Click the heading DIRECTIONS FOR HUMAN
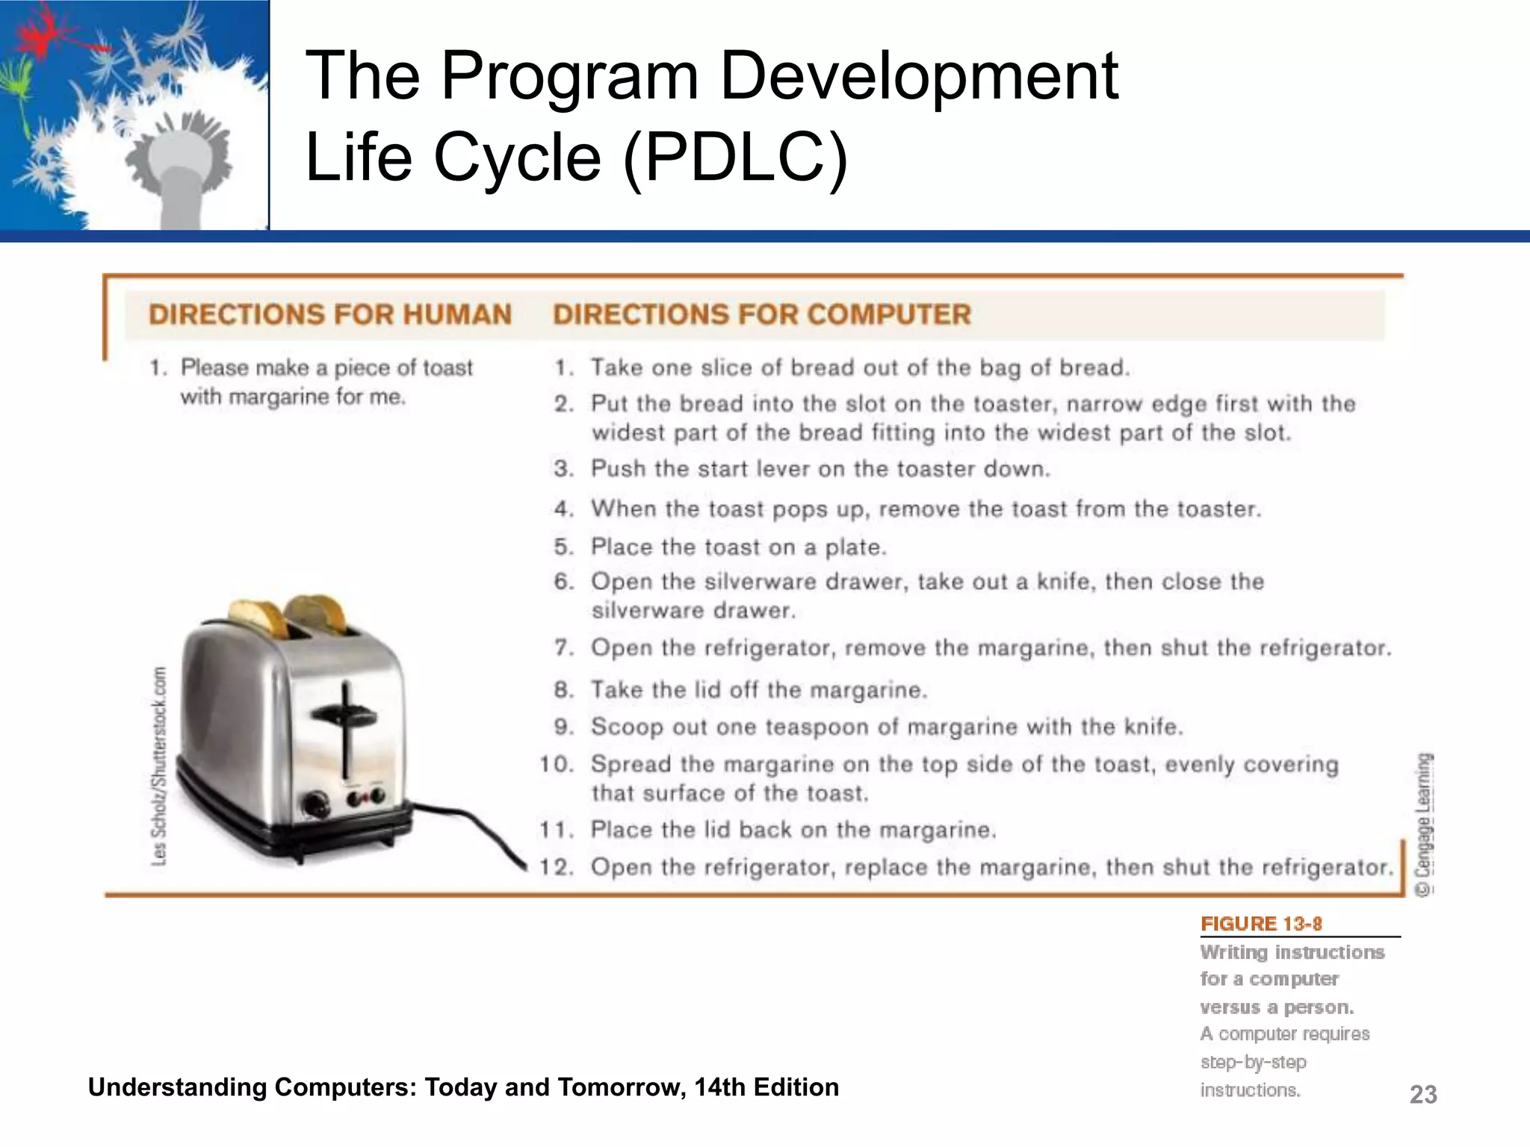(329, 314)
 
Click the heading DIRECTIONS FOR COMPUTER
(762, 314)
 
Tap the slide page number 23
(1422, 1094)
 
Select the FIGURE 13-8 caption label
(1261, 924)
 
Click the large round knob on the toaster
(315, 806)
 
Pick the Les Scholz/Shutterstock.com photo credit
(159, 765)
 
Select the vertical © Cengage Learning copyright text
(1424, 824)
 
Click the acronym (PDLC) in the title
(735, 158)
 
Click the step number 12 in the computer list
(556, 867)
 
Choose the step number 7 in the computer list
(563, 647)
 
